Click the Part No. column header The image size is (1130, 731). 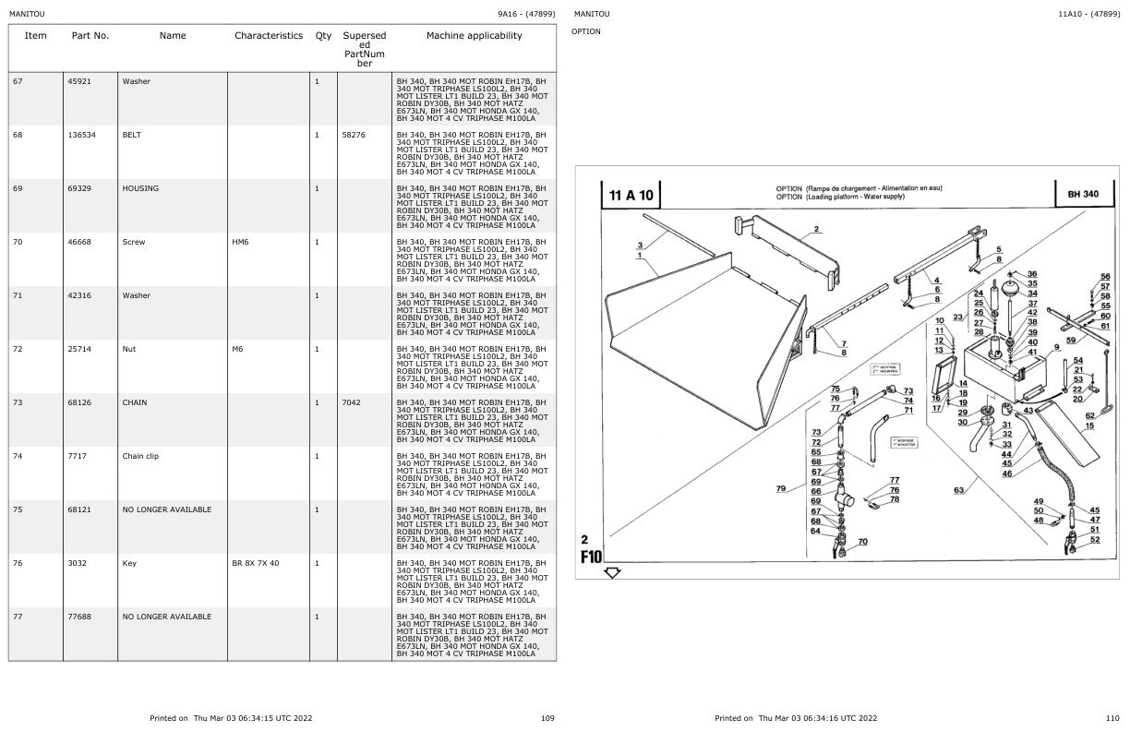coord(90,36)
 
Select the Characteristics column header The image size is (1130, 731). coord(268,36)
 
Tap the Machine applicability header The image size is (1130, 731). coord(474,36)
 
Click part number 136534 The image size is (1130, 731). coord(82,135)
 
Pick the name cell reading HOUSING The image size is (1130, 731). coord(140,188)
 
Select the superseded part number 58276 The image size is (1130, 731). coord(354,135)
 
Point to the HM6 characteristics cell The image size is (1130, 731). coord(241,242)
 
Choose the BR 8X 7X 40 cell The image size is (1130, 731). coord(256,563)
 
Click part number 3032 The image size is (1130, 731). coord(78,563)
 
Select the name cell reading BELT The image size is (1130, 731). coord(135,135)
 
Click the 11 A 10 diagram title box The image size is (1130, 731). coord(632,195)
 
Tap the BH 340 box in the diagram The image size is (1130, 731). coord(1083,195)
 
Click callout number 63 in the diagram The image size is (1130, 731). coord(958,490)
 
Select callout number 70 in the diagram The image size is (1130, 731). coord(862,542)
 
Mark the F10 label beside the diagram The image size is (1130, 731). coord(591,557)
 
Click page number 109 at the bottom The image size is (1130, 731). coord(547,718)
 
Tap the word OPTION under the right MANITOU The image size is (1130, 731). coord(586,31)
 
